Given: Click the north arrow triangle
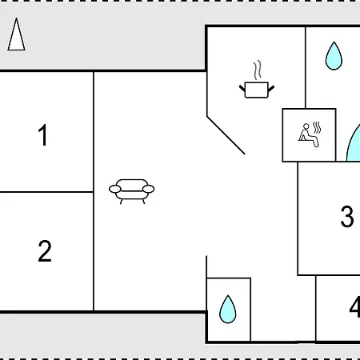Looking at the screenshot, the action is pyautogui.click(x=17, y=34).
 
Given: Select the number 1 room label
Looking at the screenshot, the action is pyautogui.click(x=43, y=135).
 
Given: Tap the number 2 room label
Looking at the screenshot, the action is pyautogui.click(x=45, y=251).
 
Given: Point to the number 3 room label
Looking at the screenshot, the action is pyautogui.click(x=347, y=216).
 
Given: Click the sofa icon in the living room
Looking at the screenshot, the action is pyautogui.click(x=132, y=191).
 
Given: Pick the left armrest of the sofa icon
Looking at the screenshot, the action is pyautogui.click(x=115, y=189).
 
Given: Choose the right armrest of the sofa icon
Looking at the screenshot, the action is pyautogui.click(x=148, y=189).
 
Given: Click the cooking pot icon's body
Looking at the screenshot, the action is pyautogui.click(x=256, y=90).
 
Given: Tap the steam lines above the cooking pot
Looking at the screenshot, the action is pyautogui.click(x=257, y=70).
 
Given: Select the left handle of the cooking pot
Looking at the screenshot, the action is pyautogui.click(x=242, y=89).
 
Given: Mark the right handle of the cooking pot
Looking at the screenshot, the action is pyautogui.click(x=271, y=89).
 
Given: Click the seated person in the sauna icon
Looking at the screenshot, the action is pyautogui.click(x=308, y=135).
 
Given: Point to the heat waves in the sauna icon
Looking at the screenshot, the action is pyautogui.click(x=317, y=128).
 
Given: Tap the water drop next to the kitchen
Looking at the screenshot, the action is pyautogui.click(x=334, y=56).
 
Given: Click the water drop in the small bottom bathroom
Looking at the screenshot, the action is pyautogui.click(x=228, y=309).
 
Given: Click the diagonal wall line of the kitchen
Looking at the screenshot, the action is pyautogui.click(x=226, y=135).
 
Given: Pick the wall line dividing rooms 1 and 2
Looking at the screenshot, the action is pyautogui.click(x=46, y=191).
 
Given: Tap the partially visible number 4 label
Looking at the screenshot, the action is pyautogui.click(x=354, y=307).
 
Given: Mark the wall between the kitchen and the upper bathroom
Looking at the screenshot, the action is pyautogui.click(x=306, y=67).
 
